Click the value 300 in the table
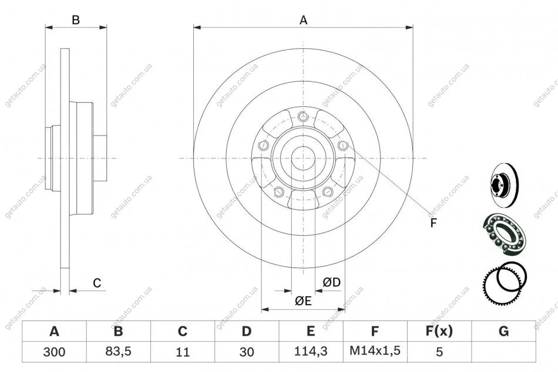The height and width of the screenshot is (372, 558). [54, 351]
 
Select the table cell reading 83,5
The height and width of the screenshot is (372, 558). [118, 351]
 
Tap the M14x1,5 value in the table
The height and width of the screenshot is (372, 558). [375, 351]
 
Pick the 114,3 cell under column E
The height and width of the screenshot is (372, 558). [311, 351]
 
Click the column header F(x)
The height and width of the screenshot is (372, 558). [439, 331]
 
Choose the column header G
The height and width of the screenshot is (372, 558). [503, 331]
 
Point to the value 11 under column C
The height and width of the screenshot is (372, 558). [183, 351]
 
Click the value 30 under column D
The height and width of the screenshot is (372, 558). [247, 351]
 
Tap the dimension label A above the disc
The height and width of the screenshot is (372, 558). [303, 21]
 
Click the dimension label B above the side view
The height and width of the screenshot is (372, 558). [75, 20]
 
